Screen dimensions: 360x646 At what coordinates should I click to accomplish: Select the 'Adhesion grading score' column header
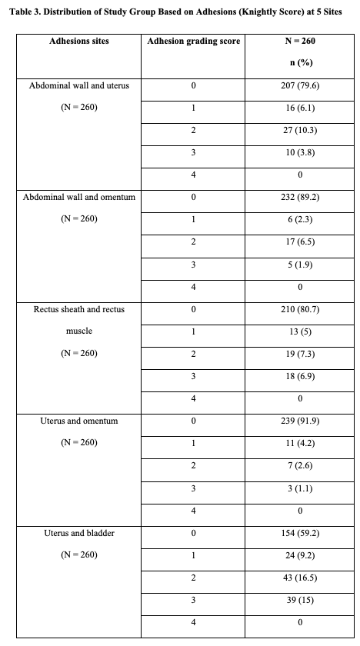coord(193,41)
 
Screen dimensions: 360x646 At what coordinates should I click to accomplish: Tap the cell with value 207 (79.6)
coord(300,85)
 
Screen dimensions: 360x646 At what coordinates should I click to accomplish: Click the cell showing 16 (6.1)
coord(300,108)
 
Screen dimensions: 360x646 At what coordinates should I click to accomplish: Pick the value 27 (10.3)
coord(300,130)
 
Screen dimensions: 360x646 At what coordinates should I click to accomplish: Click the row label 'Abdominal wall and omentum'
coord(79,197)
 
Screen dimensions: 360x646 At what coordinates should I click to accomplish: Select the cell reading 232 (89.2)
coord(300,197)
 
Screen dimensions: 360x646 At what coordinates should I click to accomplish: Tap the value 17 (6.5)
coord(300,241)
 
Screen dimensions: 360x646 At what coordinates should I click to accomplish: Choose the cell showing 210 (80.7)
coord(300,309)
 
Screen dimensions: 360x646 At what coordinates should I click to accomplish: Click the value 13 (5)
coord(300,331)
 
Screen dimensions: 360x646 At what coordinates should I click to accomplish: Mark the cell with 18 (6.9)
coord(300,376)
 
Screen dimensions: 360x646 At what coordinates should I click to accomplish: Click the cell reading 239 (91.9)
coord(300,421)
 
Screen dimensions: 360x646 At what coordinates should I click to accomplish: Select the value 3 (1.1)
coord(300,488)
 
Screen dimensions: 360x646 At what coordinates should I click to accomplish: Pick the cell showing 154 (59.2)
coord(300,532)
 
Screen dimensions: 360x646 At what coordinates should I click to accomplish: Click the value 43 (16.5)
coord(300,577)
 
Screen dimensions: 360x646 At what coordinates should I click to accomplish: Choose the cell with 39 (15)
coord(300,599)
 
